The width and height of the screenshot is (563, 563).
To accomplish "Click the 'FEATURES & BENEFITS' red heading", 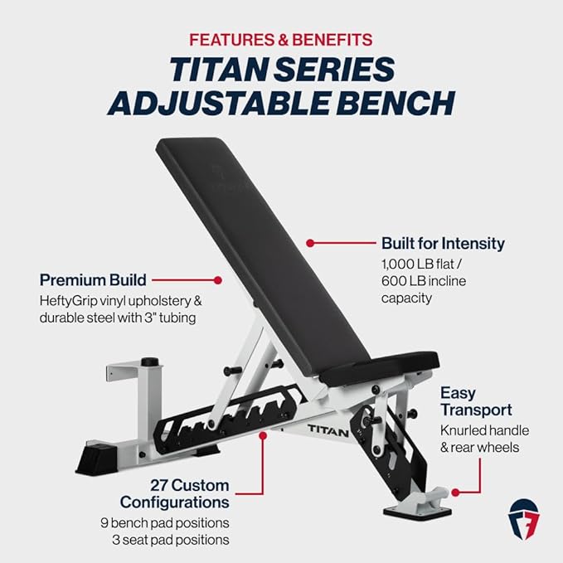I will [281, 39].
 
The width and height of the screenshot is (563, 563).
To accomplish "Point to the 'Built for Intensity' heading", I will [442, 244].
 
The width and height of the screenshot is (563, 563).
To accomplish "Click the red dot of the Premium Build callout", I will [219, 280].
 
